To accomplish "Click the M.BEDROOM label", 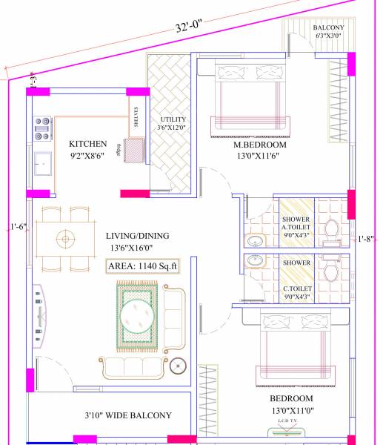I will [x=259, y=145].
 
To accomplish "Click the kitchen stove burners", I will [x=42, y=128].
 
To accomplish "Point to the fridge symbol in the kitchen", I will [x=133, y=151].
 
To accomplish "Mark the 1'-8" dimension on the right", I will [x=366, y=239].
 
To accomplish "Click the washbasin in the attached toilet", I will [x=256, y=240].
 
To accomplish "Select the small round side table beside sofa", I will [x=178, y=365].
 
